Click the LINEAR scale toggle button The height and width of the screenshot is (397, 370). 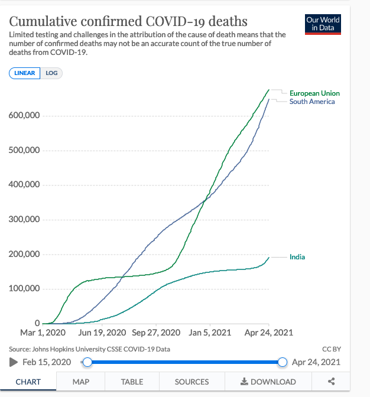24,73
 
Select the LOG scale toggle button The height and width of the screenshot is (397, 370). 51,73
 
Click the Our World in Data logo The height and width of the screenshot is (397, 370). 323,24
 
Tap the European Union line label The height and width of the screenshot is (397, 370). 314,93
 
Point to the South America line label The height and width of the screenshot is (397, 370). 312,102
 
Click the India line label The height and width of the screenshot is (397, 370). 297,257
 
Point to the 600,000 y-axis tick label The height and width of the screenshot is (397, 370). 24,115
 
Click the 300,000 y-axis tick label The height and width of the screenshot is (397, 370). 24,220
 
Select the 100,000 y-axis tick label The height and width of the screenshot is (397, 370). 24,289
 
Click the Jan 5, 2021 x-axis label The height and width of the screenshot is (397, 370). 206,333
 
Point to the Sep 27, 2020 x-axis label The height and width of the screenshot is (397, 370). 156,333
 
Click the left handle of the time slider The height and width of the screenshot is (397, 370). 87,362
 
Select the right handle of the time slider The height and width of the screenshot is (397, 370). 283,362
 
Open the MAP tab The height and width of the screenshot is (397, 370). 81,382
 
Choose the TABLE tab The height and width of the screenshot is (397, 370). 132,382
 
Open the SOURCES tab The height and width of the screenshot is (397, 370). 192,382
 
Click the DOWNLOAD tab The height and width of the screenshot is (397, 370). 268,382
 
